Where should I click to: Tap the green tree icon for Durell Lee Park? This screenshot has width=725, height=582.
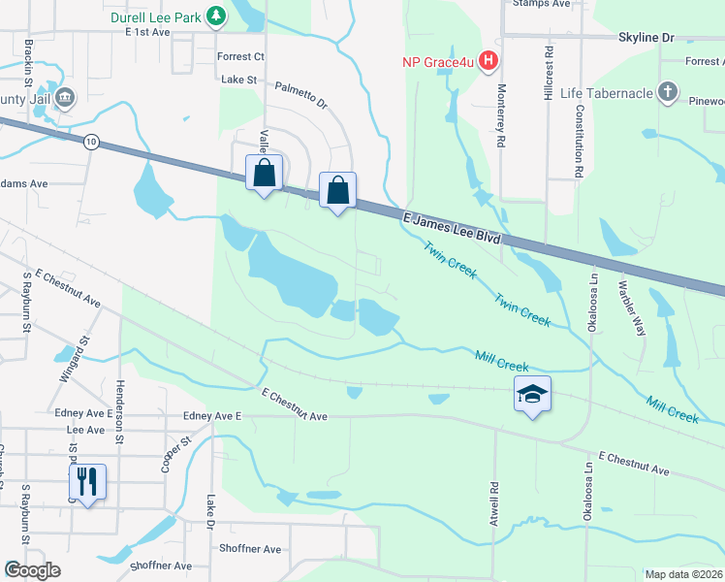pyautogui.click(x=218, y=16)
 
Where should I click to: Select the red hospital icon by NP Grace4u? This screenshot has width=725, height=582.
pyautogui.click(x=489, y=62)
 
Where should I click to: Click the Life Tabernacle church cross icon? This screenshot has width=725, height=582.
pyautogui.click(x=666, y=92)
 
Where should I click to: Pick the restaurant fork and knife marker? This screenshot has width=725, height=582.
pyautogui.click(x=87, y=481)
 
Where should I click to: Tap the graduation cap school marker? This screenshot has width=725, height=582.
pyautogui.click(x=532, y=394)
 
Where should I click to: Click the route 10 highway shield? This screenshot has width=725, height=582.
pyautogui.click(x=91, y=142)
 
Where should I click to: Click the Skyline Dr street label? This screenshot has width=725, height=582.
pyautogui.click(x=646, y=37)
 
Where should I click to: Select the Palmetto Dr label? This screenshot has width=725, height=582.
pyautogui.click(x=300, y=95)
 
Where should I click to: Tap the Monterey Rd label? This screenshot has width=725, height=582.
pyautogui.click(x=501, y=126)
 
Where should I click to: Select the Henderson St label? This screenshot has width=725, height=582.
pyautogui.click(x=119, y=399)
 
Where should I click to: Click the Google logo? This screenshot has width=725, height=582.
pyautogui.click(x=32, y=570)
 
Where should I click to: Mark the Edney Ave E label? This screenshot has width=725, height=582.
pyautogui.click(x=211, y=415)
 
